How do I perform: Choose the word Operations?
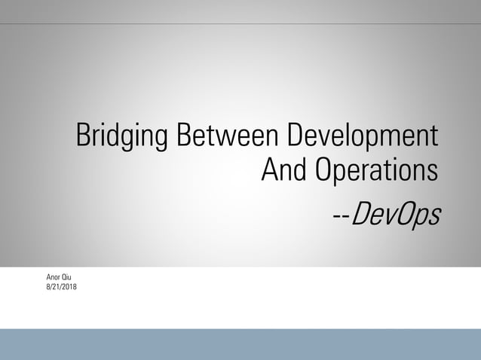[x=376, y=171]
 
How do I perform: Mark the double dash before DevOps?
[x=341, y=217]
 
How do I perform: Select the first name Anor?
[x=53, y=278]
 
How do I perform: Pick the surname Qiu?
[x=67, y=278]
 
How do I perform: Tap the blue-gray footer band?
[x=240, y=344]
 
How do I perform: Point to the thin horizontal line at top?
[x=240, y=23]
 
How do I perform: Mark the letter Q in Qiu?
[x=63, y=278]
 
